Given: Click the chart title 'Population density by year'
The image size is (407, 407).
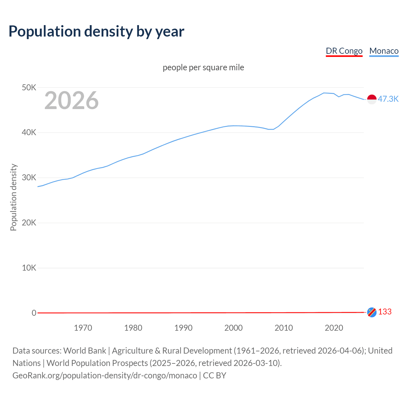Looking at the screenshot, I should coord(96,31).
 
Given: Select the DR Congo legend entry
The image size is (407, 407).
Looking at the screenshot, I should coord(344,51).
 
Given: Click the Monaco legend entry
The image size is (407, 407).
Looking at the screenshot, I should coord(384,51).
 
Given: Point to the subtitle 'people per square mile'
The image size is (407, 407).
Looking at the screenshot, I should coord(203,67).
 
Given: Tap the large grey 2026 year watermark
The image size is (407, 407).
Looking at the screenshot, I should coord(72,100).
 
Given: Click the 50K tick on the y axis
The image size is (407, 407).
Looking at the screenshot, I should coord(29,87).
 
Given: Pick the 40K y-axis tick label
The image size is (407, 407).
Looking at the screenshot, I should coord(29,133).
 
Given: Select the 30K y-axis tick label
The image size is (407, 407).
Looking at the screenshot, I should coord(29,178).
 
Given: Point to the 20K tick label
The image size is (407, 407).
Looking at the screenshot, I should coord(29,223).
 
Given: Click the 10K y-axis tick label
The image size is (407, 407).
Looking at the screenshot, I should coord(29,268).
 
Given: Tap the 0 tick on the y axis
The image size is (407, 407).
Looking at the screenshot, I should coord(34,313).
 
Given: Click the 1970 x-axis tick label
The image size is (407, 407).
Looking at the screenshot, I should coord(83,328).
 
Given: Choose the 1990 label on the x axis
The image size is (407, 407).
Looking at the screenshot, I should coord(183,328).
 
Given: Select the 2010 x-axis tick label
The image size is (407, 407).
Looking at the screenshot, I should coord(284,328).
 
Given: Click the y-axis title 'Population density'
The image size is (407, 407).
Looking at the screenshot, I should coord(13,197).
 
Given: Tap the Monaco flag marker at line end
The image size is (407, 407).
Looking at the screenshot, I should coord(372,99).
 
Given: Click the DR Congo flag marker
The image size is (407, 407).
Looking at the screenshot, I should coord(372,312).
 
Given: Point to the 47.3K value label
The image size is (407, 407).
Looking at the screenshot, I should coord(388,99).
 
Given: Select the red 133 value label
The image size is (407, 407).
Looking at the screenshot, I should coord(385,312).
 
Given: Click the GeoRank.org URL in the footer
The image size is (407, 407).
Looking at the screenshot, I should coord(105,376).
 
